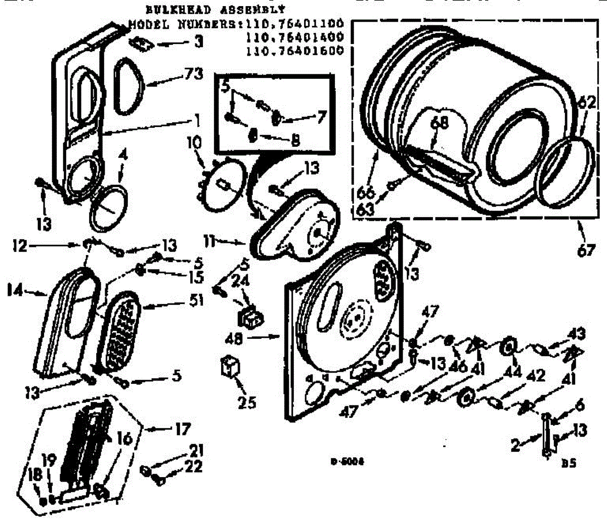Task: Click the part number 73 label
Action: tap(193, 74)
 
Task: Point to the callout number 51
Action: tap(195, 300)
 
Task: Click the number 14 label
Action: tap(16, 291)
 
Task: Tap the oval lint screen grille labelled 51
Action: tap(119, 332)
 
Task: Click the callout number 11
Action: tap(210, 241)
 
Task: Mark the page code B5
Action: tap(570, 463)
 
